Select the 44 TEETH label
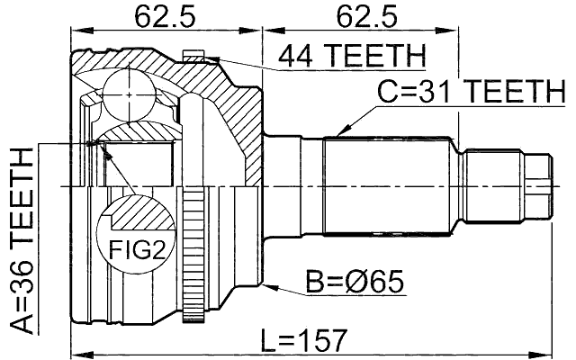351,57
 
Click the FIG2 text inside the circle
132,247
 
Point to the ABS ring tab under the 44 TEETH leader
199,58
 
